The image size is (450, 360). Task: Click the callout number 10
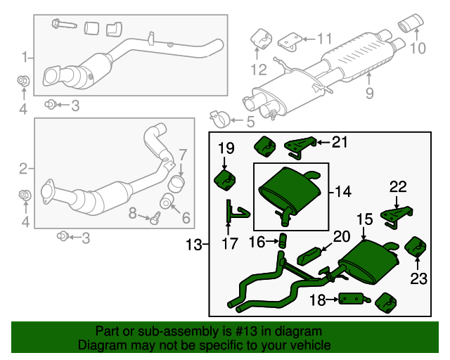tap(418, 49)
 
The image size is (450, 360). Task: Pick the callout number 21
tap(340, 143)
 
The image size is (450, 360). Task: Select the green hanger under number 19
tap(224, 178)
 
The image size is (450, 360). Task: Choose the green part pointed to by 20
tap(311, 252)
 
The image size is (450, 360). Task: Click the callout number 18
tap(318, 300)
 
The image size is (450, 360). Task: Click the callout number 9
tap(369, 92)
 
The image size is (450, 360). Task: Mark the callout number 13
tap(194, 245)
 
